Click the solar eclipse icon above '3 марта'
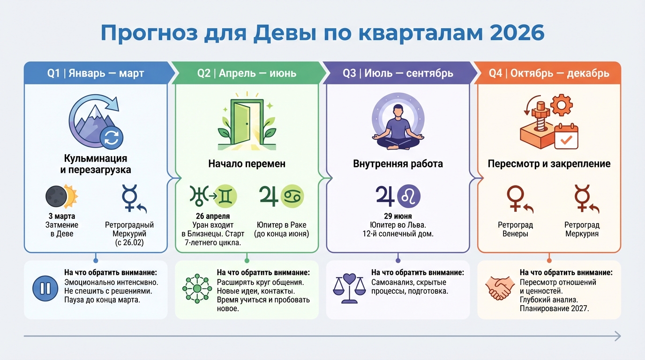[61, 196]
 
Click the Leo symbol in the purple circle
[409, 196]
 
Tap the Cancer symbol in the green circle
[292, 196]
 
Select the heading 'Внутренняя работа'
[397, 164]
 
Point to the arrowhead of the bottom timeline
[617, 336]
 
